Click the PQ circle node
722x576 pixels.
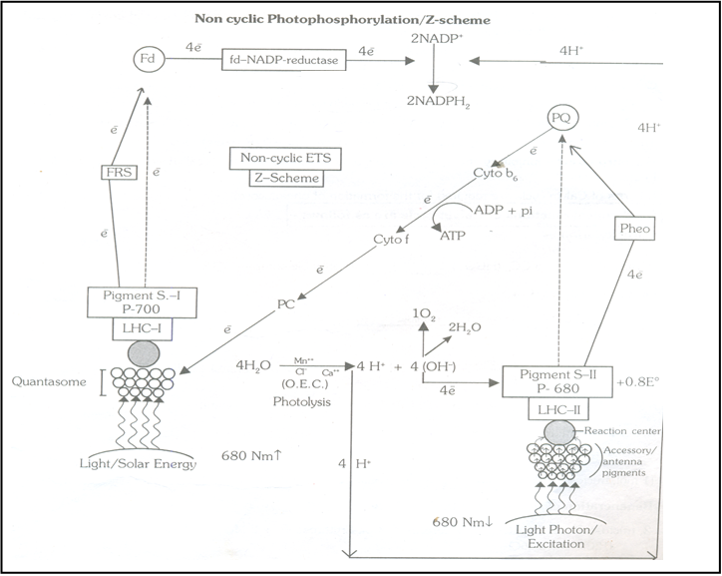563,120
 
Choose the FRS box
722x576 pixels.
118,172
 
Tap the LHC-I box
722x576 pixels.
143,329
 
